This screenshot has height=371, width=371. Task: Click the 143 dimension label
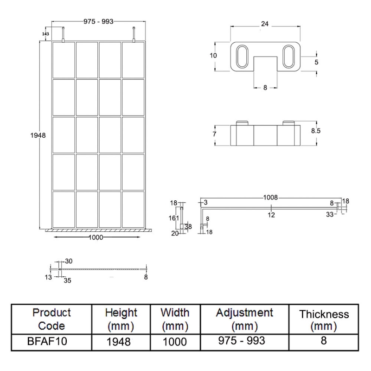pyautogui.click(x=45, y=34)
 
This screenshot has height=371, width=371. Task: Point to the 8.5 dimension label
pyautogui.click(x=315, y=131)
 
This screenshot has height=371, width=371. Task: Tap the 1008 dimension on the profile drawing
pyautogui.click(x=271, y=198)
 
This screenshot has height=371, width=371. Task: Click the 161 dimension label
pyautogui.click(x=173, y=217)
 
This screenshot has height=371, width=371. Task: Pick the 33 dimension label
pyautogui.click(x=329, y=214)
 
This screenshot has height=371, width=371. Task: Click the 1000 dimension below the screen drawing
pyautogui.click(x=95, y=237)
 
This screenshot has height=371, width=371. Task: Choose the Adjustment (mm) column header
pyautogui.click(x=244, y=319)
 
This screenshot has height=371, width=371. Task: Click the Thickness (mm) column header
pyautogui.click(x=324, y=320)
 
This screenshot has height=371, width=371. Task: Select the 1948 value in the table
pyautogui.click(x=121, y=341)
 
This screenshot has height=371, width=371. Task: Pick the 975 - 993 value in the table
pyautogui.click(x=244, y=341)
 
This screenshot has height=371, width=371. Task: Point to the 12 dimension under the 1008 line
pyautogui.click(x=271, y=214)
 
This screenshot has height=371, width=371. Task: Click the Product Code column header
pyautogui.click(x=51, y=319)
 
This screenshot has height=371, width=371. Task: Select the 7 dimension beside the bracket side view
pyautogui.click(x=215, y=134)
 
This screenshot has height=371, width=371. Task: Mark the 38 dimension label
pyautogui.click(x=188, y=226)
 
